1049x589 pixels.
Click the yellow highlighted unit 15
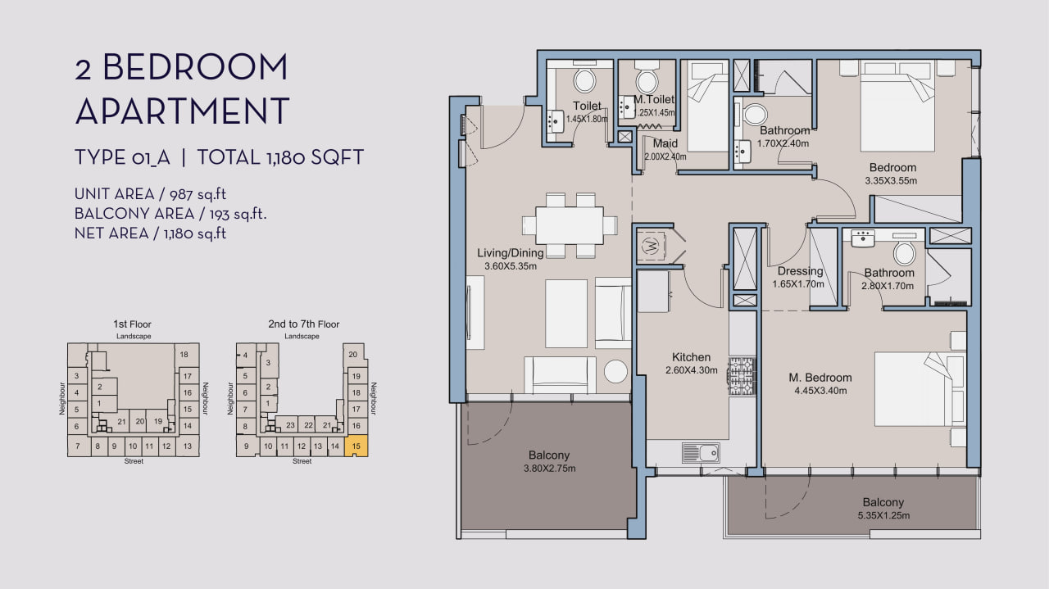pos(356,446)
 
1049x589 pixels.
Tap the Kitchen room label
pos(691,357)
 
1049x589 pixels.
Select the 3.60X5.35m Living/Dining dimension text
pos(511,266)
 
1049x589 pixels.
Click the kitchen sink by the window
pos(701,453)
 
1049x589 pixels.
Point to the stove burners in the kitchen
pos(742,377)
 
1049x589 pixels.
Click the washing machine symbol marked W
pos(651,245)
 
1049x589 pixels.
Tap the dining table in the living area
pos(570,225)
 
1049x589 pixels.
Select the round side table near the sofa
pos(615,372)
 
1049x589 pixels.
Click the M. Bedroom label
pos(820,378)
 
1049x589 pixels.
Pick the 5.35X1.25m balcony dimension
pos(883,515)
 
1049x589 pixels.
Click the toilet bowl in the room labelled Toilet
pos(584,80)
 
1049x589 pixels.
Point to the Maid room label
pos(665,143)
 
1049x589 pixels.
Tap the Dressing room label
pos(801,271)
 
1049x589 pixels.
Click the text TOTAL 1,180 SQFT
pos(280,157)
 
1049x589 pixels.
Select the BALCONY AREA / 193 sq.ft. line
pos(170,214)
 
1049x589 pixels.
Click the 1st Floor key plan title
pos(132,324)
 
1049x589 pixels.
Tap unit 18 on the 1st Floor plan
pos(184,355)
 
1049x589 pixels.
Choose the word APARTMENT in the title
pos(182,111)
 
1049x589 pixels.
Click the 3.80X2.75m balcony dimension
pos(550,469)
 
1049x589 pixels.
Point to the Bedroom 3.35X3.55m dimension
pos(891,181)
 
